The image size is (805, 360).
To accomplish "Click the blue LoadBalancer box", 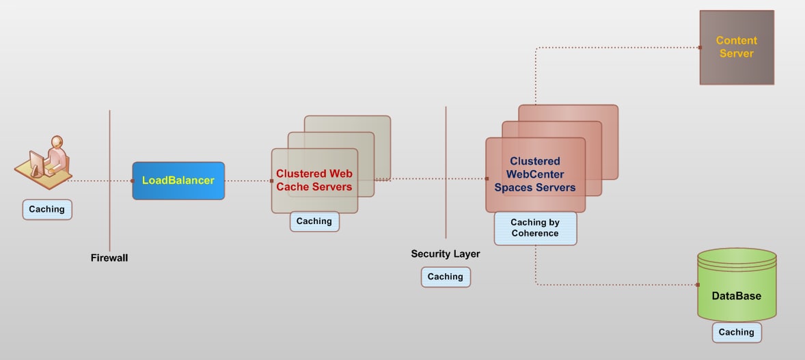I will (178, 180).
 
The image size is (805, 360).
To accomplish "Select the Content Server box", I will (736, 47).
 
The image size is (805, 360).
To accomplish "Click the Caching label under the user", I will (46, 209).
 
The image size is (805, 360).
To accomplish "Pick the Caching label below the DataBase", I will (736, 332).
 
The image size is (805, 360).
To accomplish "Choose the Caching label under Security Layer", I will (445, 277).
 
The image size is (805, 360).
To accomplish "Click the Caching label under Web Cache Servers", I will (314, 221).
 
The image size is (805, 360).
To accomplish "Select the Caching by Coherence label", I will (534, 227).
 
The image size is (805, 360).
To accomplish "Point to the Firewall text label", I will (109, 258).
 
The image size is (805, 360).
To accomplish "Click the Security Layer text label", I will (445, 254).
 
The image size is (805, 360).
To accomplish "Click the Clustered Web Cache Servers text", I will (314, 180).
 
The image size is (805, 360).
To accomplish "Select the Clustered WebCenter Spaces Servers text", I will (535, 174).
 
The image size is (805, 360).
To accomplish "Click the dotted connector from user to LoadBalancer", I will (103, 181).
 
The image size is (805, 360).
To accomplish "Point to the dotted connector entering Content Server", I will (615, 48).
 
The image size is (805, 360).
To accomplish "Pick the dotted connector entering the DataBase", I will (615, 284).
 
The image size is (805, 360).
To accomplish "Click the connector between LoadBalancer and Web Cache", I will (247, 181).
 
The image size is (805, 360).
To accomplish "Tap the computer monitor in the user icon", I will (35, 162).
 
